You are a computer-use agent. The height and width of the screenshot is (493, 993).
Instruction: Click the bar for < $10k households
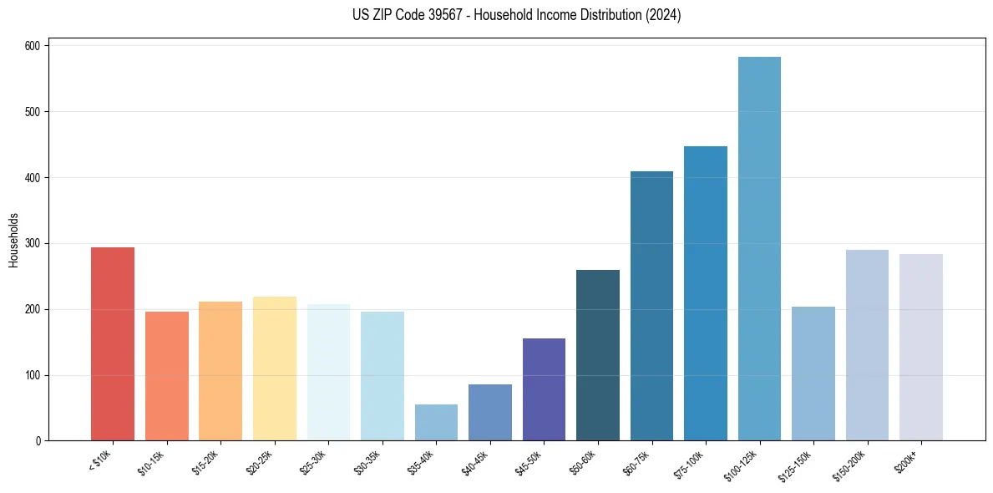113,344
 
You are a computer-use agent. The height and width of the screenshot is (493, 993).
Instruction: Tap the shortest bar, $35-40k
436,423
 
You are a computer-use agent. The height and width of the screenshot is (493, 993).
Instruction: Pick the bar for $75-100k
706,293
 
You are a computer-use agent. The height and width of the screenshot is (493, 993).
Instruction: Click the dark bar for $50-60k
598,355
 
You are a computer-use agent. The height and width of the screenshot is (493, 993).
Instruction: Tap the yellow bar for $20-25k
275,368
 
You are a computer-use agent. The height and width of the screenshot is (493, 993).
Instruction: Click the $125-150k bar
813,374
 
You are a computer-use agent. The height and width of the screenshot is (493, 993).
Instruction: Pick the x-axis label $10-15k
152,462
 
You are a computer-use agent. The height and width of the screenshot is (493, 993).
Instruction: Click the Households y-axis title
14,240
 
